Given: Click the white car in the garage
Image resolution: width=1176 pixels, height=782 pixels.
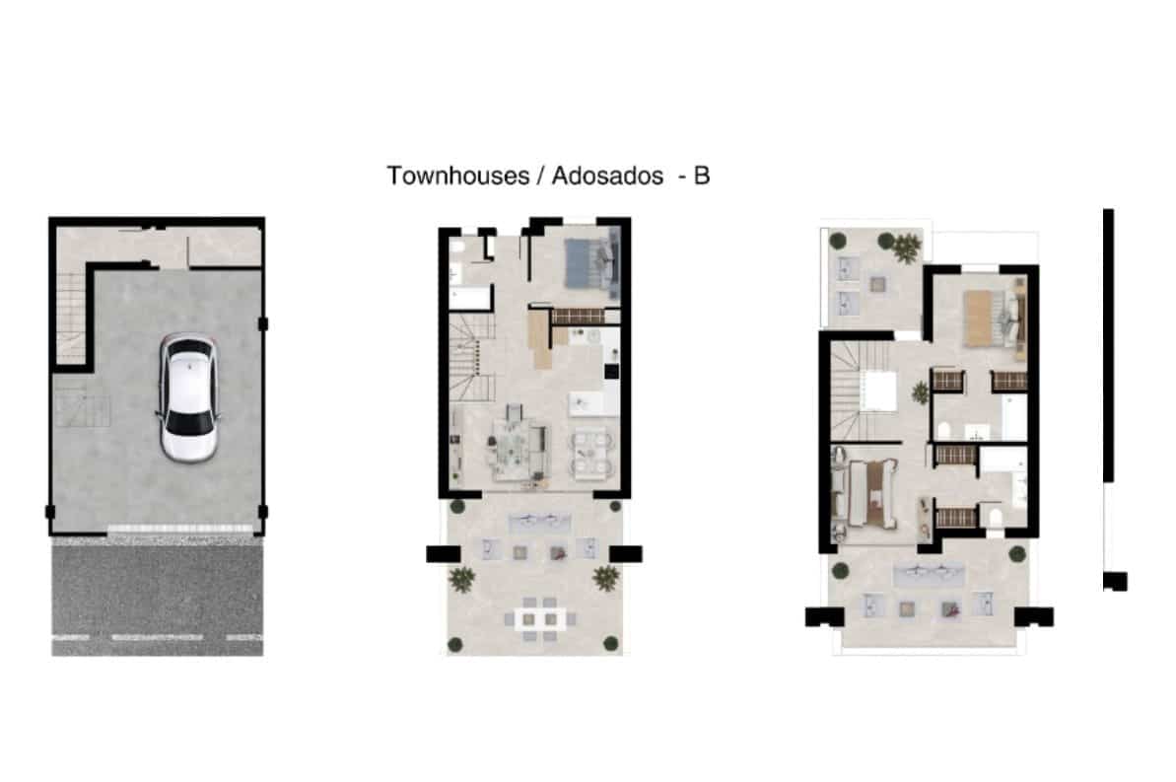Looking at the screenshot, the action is click(x=188, y=397).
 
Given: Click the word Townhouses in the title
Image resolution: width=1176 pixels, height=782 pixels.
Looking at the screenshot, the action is click(x=458, y=176).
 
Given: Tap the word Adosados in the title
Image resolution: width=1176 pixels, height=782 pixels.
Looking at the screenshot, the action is click(x=607, y=176).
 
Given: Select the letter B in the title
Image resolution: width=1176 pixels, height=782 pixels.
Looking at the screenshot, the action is click(x=701, y=176).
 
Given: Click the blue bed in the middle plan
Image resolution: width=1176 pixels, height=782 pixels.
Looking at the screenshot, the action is click(x=591, y=262).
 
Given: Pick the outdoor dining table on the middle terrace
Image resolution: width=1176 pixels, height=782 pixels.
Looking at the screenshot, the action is click(x=539, y=619).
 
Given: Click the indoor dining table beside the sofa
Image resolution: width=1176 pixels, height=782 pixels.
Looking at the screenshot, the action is click(x=591, y=452).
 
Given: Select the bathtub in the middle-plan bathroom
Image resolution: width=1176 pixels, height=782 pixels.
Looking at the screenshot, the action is click(x=470, y=299).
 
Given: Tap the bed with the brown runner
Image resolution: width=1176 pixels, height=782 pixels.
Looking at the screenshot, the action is click(x=870, y=493).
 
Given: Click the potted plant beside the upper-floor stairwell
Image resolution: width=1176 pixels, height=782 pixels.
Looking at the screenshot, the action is click(x=921, y=392).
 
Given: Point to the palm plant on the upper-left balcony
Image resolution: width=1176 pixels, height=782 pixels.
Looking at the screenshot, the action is click(x=906, y=247).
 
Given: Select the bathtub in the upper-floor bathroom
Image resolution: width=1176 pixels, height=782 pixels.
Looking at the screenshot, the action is click(x=1014, y=417).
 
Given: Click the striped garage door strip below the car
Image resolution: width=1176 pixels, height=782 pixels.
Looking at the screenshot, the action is click(x=180, y=530).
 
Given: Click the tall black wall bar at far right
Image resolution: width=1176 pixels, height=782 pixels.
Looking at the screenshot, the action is click(x=1108, y=345).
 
